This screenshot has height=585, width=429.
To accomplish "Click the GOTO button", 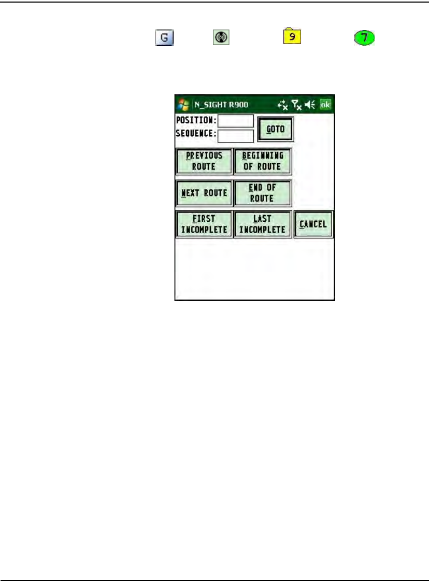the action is (276, 129).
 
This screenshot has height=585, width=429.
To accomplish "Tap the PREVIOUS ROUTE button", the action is (204, 161).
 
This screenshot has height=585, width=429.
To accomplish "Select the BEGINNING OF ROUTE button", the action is (263, 161).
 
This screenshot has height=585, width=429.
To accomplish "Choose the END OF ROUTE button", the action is (263, 193).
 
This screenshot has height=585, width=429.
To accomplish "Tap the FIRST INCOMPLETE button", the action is (204, 224).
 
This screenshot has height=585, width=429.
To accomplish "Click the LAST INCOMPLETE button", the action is (263, 224).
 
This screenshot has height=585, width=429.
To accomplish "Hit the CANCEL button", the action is (313, 224).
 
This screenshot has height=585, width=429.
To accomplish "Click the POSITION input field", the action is (236, 121).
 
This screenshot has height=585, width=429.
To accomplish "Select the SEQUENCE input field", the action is (236, 136).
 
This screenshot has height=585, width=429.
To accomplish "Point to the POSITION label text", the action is (196, 120).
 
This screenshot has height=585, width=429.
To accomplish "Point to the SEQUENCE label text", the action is (196, 133).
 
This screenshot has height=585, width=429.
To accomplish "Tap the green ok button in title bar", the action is (325, 104).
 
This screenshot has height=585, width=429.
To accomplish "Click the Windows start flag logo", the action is (183, 104).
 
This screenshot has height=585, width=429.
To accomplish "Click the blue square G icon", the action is (163, 38).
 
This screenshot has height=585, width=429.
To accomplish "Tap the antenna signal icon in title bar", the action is (296, 105).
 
